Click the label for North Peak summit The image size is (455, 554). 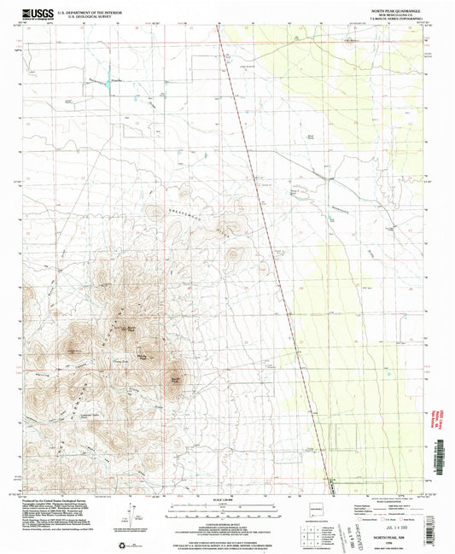point(133,326)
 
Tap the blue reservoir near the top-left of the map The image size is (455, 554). point(108,78)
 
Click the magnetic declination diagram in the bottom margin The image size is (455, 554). point(130,517)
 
